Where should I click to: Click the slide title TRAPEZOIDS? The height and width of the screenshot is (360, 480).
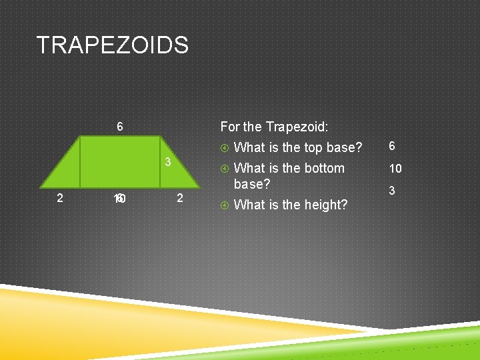coord(113,45)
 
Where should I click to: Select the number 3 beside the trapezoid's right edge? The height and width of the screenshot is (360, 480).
coord(169,163)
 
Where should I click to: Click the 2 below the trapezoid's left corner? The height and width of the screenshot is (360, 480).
coord(60,197)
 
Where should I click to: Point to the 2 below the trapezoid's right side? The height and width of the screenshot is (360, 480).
coord(180,197)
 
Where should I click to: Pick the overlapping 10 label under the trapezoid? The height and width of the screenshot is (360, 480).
coord(121,199)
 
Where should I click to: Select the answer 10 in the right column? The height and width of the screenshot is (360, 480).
coord(395,169)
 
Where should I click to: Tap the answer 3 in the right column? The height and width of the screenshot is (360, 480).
coord(392,191)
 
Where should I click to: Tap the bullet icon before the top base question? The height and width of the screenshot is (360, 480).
coord(225,147)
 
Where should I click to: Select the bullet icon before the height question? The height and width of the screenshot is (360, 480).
coord(225,205)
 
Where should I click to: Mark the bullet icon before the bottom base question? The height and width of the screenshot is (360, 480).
coord(225,169)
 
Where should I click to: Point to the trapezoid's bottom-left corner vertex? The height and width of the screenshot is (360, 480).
coord(43,188)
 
